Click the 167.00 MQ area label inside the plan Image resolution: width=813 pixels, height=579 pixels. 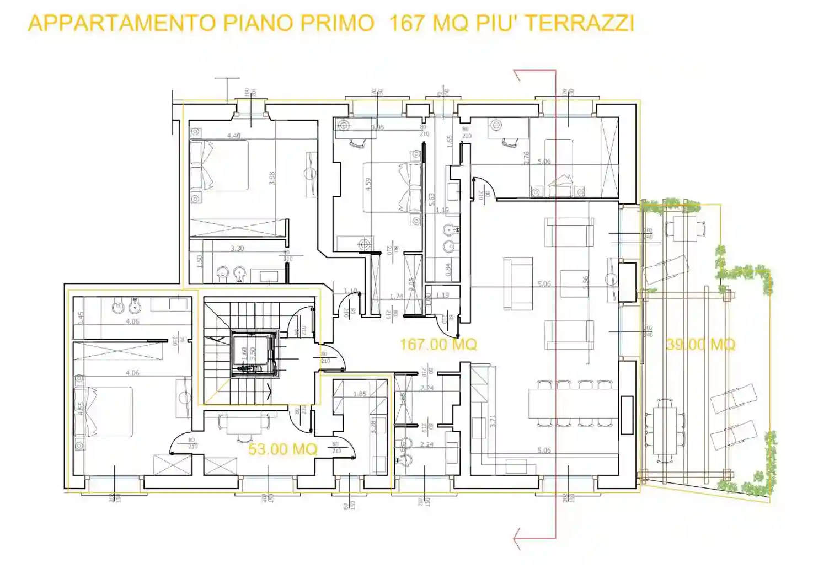tap(438, 345)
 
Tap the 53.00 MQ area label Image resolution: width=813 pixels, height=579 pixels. tap(282, 449)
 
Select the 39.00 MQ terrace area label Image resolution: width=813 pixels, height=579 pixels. tap(700, 345)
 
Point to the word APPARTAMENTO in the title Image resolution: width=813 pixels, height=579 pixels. tap(122, 23)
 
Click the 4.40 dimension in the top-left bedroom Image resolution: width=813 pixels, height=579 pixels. tap(233, 136)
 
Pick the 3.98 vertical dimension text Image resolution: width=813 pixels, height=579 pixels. tap(271, 178)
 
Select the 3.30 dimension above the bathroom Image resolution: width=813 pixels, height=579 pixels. tap(237, 249)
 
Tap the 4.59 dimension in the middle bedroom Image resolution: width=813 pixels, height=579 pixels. tap(368, 184)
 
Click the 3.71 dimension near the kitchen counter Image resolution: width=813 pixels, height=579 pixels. tap(493, 421)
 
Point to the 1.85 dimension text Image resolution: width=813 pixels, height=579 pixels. tap(360, 394)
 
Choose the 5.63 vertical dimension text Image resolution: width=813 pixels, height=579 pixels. tap(431, 199)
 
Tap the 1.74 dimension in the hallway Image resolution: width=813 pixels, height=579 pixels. tap(396, 297)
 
